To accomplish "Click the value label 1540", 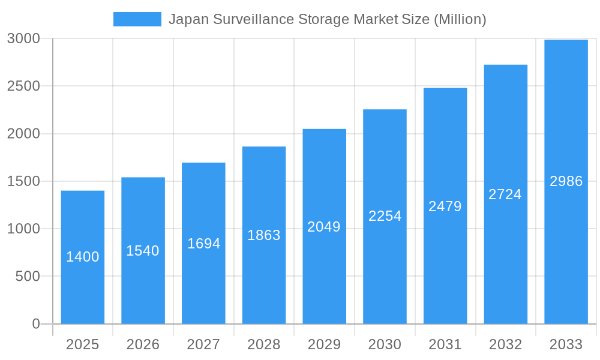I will (143, 251).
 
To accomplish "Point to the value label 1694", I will (204, 244).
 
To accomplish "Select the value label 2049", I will (324, 227).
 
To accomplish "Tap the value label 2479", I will (445, 206).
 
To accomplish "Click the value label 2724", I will (505, 194).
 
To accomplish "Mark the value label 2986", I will (566, 181).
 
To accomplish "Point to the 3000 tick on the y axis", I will (23, 38).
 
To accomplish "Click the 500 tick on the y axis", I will (28, 277).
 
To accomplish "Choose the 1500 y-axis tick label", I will (23, 181).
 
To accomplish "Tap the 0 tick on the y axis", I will (35, 324).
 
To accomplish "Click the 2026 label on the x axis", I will (143, 344).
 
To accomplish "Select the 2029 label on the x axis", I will (324, 344).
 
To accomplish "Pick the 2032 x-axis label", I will (505, 344).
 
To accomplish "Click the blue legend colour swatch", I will (137, 19).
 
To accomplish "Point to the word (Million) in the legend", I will (460, 19).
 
